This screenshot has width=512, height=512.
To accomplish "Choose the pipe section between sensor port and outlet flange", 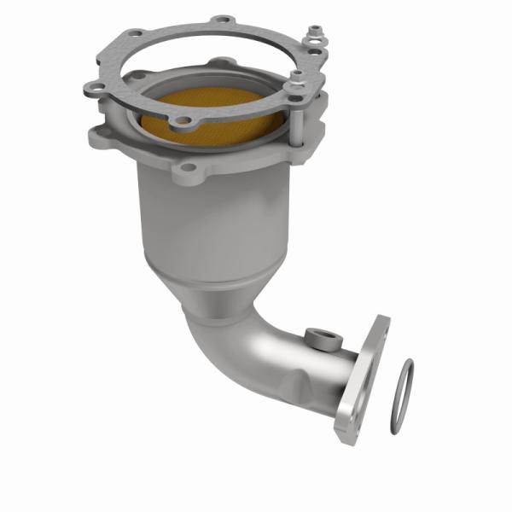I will point(341,367).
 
